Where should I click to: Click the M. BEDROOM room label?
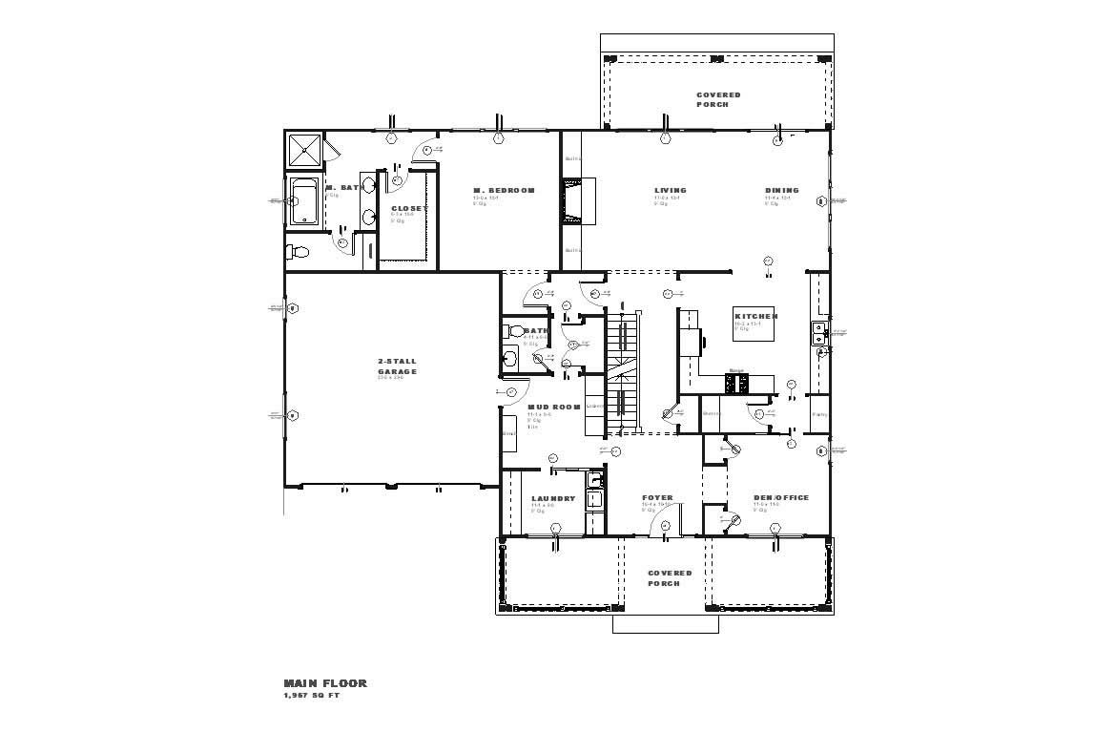(504, 191)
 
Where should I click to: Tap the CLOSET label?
(409, 208)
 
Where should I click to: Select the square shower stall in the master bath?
(305, 150)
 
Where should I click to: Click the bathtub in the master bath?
(304, 201)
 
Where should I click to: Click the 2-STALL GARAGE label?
(397, 366)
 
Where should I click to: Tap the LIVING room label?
(670, 190)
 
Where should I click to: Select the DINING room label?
(781, 190)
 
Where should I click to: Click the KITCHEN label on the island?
(755, 316)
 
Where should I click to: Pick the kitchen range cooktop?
(736, 384)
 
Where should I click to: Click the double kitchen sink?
(818, 333)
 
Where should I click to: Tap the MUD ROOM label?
(554, 408)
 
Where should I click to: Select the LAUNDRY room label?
(553, 498)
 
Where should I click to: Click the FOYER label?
(657, 497)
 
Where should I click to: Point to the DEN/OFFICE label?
(780, 497)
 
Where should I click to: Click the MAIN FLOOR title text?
(324, 683)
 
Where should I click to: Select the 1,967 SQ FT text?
(311, 696)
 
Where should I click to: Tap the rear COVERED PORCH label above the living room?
(717, 99)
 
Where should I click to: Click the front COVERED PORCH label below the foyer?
(670, 578)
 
